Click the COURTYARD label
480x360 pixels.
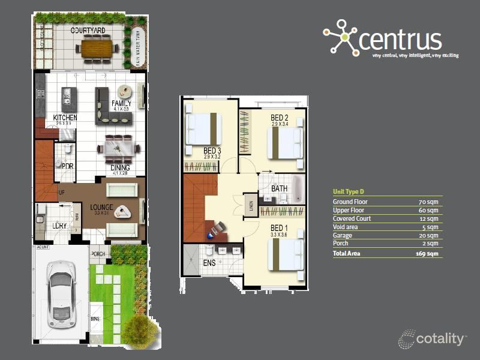coord(88,30)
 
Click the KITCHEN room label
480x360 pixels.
coord(65,118)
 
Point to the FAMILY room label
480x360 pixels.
coord(121,104)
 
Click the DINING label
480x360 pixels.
coord(121,168)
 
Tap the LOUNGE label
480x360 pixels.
coord(101,208)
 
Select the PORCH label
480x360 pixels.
coord(98,254)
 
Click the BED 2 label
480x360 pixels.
coord(280,118)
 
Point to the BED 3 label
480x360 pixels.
coord(213,151)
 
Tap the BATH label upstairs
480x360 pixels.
coord(280,188)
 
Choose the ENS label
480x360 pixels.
coord(210,262)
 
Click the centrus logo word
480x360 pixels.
coord(400,40)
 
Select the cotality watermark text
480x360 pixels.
coord(440,339)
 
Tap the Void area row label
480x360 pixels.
coord(346,227)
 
